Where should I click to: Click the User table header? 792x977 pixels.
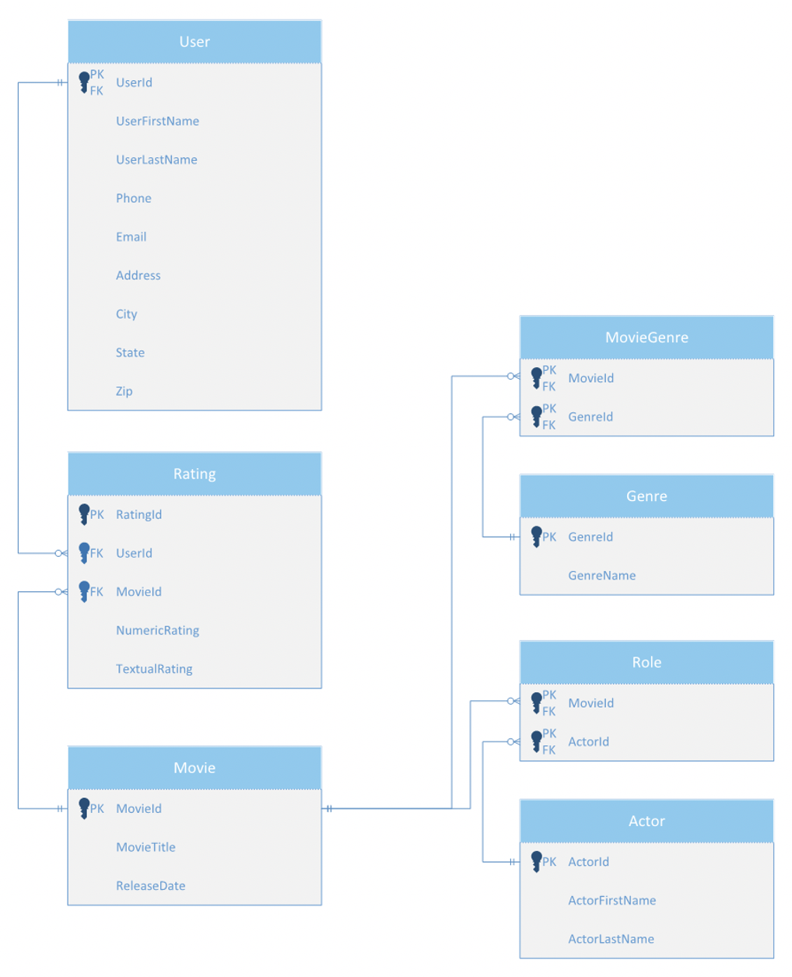tap(194, 42)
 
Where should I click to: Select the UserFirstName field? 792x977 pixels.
tap(157, 121)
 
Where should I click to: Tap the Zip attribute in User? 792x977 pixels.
tap(124, 390)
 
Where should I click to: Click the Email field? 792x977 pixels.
tap(131, 236)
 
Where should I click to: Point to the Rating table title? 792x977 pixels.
tap(194, 473)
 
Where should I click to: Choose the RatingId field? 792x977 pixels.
tap(138, 514)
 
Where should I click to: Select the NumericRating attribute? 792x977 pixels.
tap(157, 630)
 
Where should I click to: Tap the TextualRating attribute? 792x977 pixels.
tap(153, 668)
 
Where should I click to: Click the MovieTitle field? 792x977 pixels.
tap(145, 846)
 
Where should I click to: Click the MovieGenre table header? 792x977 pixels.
tap(646, 337)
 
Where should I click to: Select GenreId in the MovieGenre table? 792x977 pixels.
tap(590, 416)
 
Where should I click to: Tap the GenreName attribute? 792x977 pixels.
tap(601, 575)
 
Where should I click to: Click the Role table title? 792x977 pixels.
tap(646, 661)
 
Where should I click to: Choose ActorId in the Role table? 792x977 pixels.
tap(588, 741)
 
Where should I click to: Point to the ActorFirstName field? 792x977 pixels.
tap(612, 900)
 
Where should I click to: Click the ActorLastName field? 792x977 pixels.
tap(611, 938)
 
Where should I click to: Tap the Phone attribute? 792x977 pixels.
tap(133, 198)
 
